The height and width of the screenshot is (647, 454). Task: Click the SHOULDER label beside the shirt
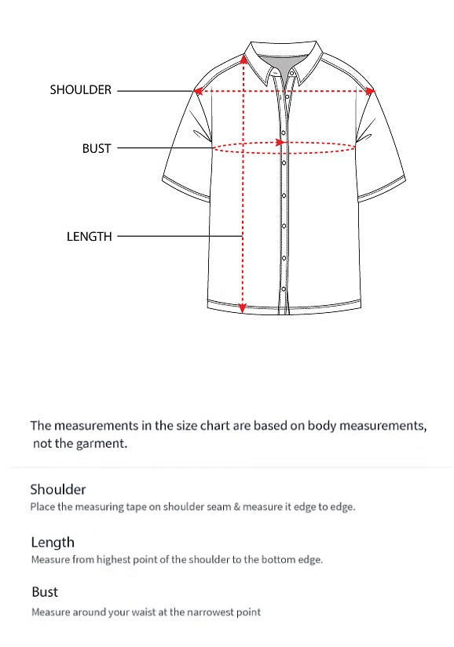click(81, 90)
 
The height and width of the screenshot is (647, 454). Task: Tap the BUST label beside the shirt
click(97, 148)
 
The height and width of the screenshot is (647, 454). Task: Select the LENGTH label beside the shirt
click(90, 236)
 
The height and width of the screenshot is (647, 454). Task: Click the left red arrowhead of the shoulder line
click(200, 91)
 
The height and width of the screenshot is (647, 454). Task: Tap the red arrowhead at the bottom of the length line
click(243, 307)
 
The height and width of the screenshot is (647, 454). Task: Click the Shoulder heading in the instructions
click(58, 489)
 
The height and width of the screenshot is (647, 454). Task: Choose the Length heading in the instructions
click(53, 542)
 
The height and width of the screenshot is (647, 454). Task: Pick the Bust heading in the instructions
click(45, 591)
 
